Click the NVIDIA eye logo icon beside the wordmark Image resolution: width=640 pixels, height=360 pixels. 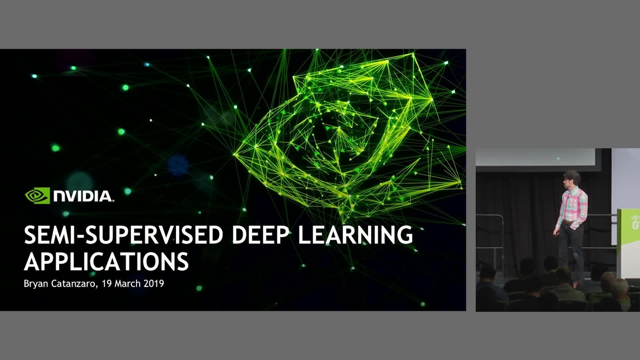(x=37, y=196)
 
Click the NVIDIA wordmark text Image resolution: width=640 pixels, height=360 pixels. (x=83, y=196)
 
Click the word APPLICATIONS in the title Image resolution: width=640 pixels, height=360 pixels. (x=107, y=262)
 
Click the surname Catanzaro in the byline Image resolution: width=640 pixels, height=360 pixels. (x=78, y=284)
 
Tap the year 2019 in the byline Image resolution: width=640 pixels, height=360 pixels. (x=154, y=284)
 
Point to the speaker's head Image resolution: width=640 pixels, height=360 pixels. (x=572, y=178)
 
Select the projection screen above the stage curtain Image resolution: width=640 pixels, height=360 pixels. (x=535, y=157)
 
